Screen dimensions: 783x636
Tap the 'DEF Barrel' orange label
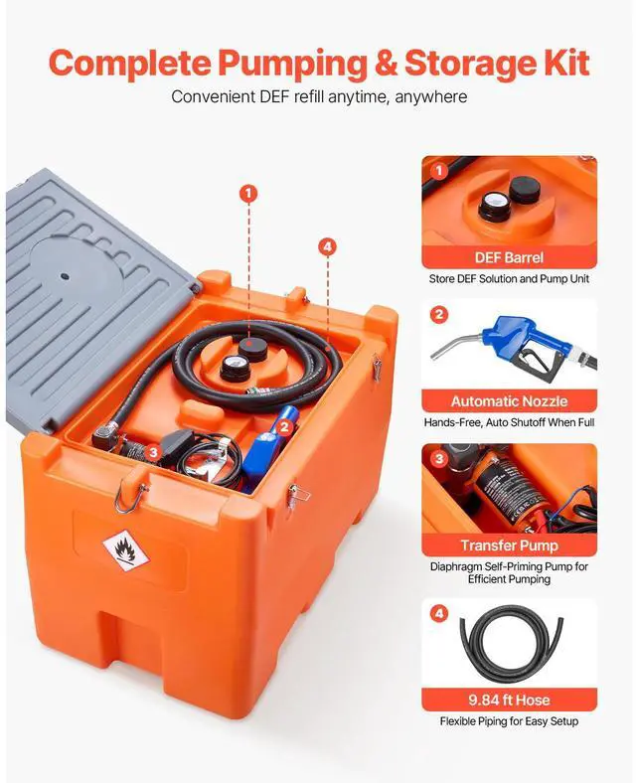509,257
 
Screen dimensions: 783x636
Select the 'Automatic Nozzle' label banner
509,401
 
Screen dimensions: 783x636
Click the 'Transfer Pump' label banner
509,546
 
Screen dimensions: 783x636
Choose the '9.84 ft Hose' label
509,700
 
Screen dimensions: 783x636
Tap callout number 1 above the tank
247,192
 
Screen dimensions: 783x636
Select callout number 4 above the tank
328,246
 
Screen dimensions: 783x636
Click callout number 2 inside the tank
284,426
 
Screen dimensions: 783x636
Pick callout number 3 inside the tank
152,452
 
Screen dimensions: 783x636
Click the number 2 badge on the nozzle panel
439,315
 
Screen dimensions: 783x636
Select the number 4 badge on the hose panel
439,613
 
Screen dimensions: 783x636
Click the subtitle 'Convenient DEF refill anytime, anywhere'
318,97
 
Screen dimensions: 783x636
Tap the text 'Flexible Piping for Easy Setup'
509,721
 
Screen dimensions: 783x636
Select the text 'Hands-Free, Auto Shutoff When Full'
509,423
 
